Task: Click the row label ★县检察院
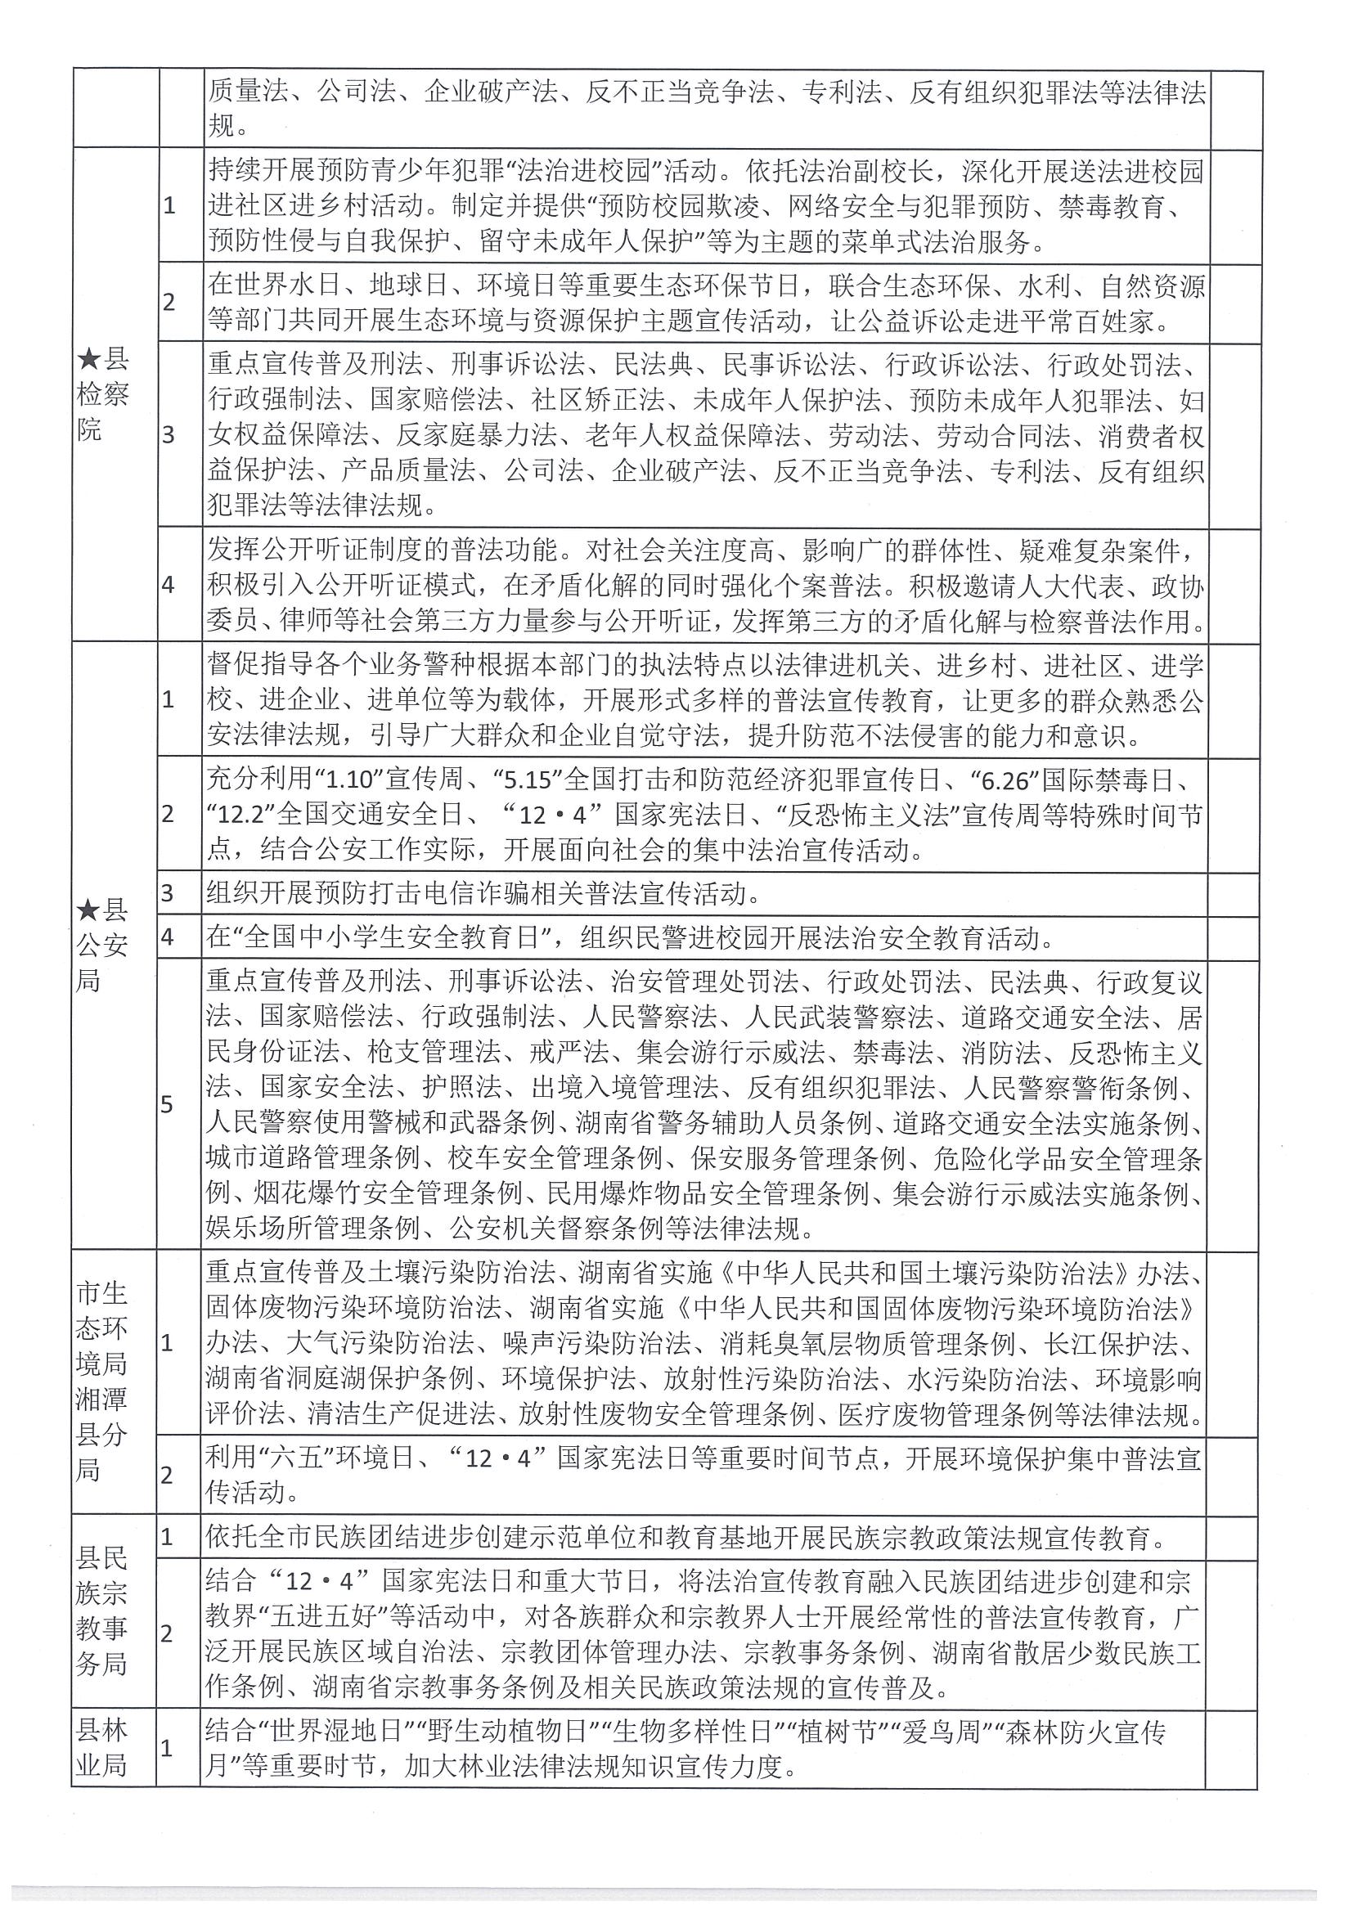pos(103,394)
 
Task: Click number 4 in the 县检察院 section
pos(169,584)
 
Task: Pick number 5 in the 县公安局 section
pos(168,1105)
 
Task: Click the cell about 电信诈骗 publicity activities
pos(483,895)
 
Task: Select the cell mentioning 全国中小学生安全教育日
pos(625,939)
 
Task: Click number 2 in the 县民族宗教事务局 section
pos(167,1633)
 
